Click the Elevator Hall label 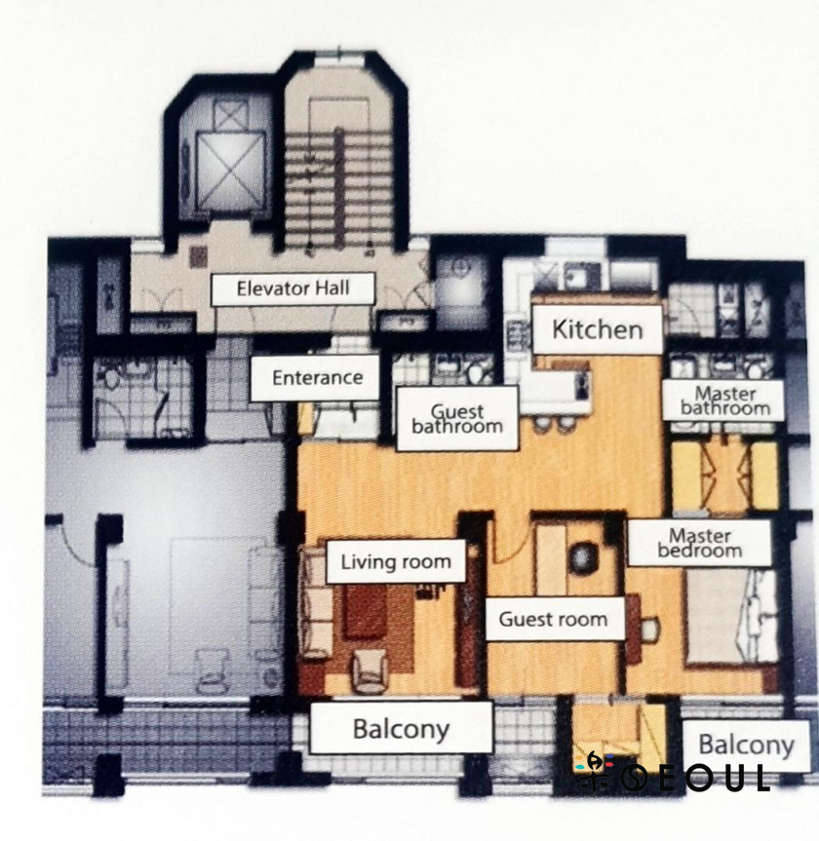pyautogui.click(x=292, y=289)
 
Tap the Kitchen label pyautogui.click(x=598, y=329)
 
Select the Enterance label pyautogui.click(x=316, y=377)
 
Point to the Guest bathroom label pyautogui.click(x=457, y=418)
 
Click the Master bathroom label pyautogui.click(x=724, y=401)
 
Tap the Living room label pyautogui.click(x=396, y=561)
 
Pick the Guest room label pyautogui.click(x=554, y=619)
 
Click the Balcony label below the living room pyautogui.click(x=401, y=728)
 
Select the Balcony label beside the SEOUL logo pyautogui.click(x=746, y=745)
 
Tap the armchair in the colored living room pyautogui.click(x=370, y=670)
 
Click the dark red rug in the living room pyautogui.click(x=366, y=610)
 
